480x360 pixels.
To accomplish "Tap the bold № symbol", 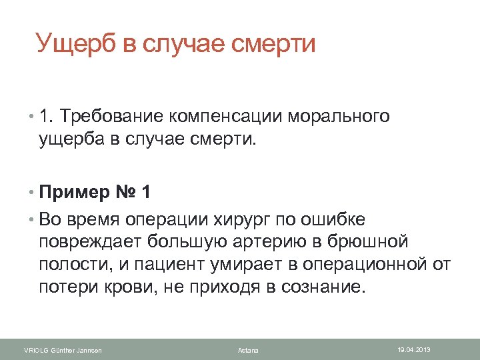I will coord(123,193).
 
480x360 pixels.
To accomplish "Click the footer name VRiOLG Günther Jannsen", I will coord(63,350).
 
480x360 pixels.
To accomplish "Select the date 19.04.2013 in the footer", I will coord(414,349).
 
